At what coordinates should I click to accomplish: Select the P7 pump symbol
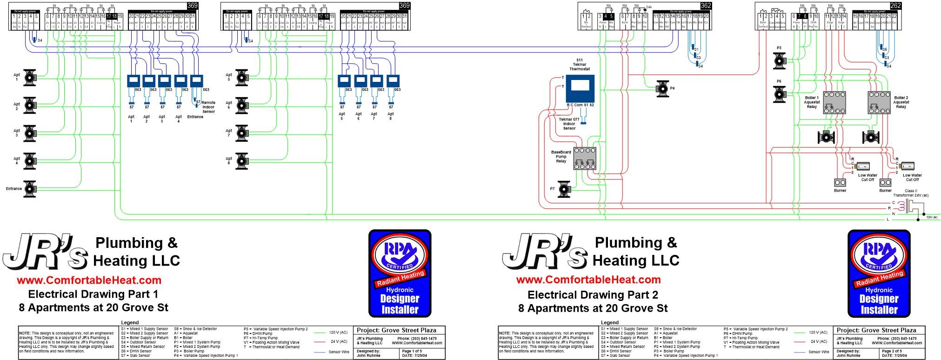tap(565, 189)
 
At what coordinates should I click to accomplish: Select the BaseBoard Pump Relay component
tap(585, 159)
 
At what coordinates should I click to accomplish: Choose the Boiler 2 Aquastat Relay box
tap(879, 103)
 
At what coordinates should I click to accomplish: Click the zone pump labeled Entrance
tap(30, 188)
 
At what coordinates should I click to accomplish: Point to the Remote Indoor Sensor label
tap(208, 107)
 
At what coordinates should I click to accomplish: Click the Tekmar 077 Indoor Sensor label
tap(569, 124)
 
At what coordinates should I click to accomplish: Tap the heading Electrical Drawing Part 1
tap(93, 294)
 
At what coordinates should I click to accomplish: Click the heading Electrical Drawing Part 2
tap(593, 294)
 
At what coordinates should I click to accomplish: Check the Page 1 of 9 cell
tap(412, 351)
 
